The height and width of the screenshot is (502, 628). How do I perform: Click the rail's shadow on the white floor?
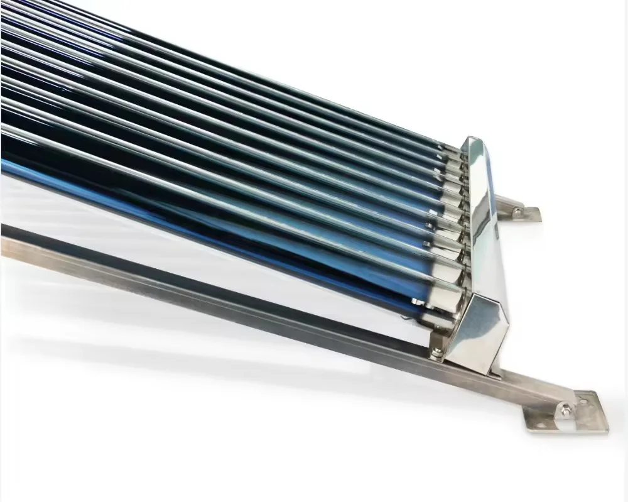point(188,352)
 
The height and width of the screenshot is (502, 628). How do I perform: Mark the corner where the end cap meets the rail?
point(495,373)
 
